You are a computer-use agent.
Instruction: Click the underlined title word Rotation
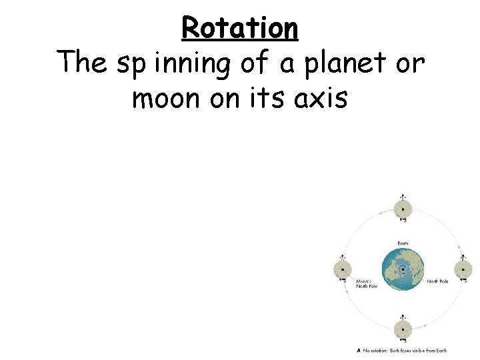239,28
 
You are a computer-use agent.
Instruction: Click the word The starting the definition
81,63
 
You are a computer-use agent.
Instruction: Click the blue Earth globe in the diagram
403,271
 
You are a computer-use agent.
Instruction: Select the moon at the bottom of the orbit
403,329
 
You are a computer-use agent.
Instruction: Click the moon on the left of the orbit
343,271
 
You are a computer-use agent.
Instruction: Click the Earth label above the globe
403,243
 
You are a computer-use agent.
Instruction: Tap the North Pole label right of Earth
438,281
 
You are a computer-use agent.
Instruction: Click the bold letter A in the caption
359,351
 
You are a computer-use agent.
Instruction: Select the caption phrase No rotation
376,351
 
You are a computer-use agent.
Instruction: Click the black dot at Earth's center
403,271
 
